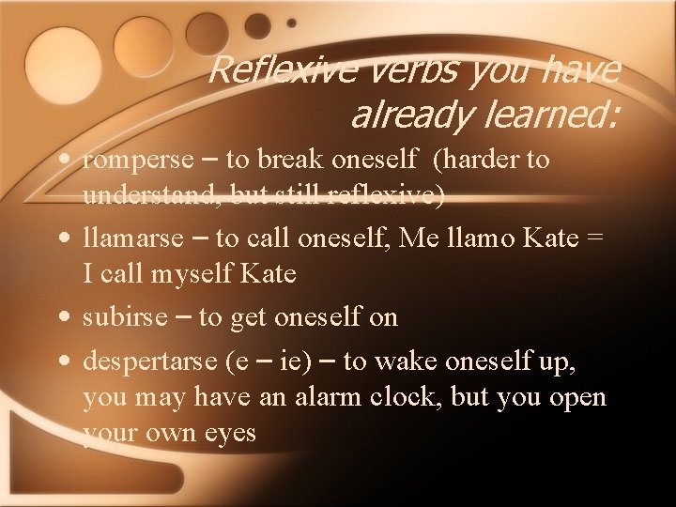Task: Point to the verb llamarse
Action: click(x=133, y=238)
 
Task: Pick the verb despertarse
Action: click(x=150, y=360)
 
